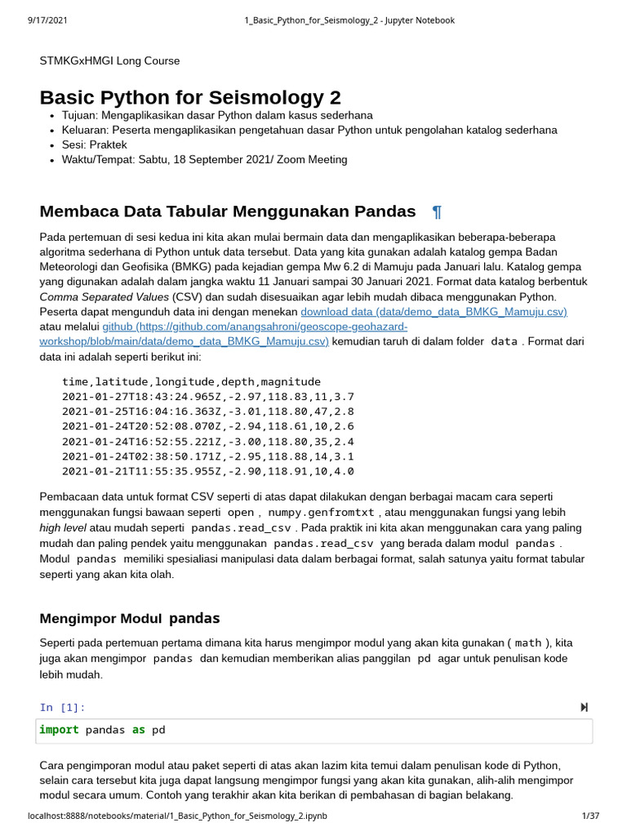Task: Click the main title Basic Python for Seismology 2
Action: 190,97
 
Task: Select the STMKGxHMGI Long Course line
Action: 109,60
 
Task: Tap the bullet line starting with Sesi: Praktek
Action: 95,145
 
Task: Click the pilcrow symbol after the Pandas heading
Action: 437,212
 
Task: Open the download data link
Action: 434,312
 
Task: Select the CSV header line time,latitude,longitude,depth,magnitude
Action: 191,381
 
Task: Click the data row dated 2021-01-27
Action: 207,397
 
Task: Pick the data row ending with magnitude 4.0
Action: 207,471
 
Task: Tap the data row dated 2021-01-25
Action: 207,411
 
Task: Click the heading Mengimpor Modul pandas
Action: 130,618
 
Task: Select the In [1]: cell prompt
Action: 62,707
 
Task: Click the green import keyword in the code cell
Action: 59,730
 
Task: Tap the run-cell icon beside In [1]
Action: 584,707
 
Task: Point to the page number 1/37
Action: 590,816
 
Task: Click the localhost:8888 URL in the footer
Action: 177,816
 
